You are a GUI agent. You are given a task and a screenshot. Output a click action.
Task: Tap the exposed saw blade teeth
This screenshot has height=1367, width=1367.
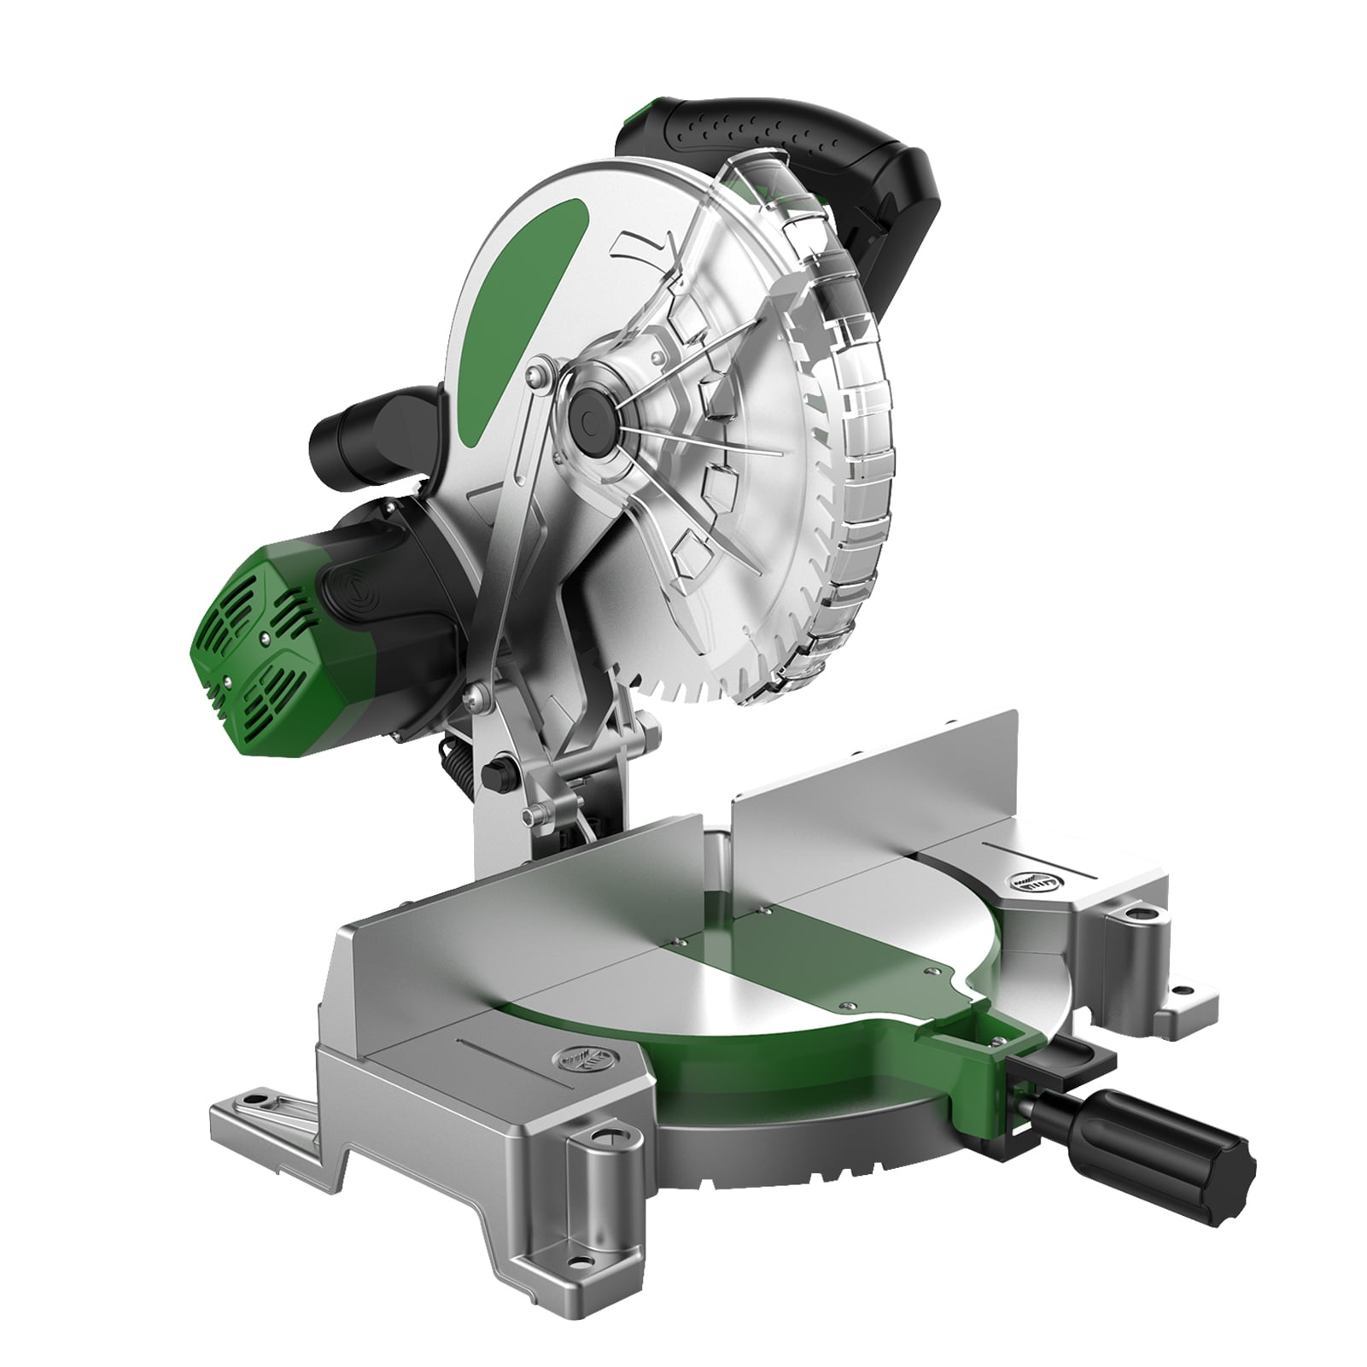709,666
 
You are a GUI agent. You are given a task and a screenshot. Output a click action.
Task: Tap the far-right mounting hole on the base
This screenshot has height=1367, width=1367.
1183,991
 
